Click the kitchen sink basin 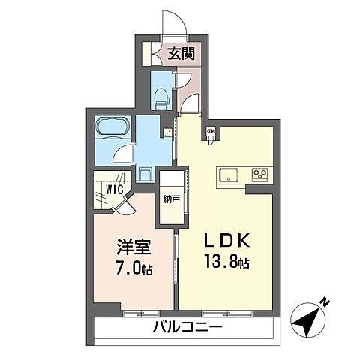pyautogui.click(x=228, y=175)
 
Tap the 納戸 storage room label pyautogui.click(x=171, y=199)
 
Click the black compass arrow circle pyautogui.click(x=309, y=320)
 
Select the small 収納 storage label pyautogui.click(x=211, y=133)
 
